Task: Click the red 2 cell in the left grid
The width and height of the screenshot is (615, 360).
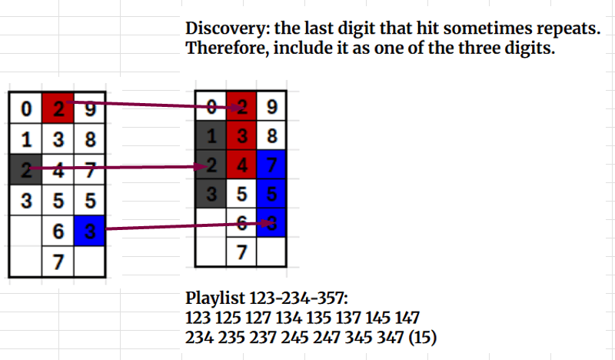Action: (x=58, y=108)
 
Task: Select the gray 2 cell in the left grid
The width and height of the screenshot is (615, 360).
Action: (x=25, y=169)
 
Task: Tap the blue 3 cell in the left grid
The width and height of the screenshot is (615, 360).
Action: (x=90, y=231)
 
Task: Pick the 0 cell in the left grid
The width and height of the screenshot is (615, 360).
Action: (x=25, y=108)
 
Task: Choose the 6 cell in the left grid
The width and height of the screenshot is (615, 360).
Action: (x=58, y=231)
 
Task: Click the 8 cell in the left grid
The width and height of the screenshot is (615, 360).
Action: (x=90, y=139)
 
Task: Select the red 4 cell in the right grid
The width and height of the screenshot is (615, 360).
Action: (x=241, y=165)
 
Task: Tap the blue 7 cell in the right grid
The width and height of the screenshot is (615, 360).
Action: (x=271, y=165)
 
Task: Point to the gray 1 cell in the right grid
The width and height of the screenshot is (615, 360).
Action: (x=211, y=135)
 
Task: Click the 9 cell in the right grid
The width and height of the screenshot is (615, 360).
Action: (x=271, y=106)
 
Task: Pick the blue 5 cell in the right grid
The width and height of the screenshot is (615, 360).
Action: (x=271, y=194)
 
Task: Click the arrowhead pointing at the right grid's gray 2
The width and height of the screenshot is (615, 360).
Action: (x=201, y=167)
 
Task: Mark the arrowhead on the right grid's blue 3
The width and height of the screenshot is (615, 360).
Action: (x=268, y=223)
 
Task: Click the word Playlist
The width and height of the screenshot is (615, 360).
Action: (x=215, y=298)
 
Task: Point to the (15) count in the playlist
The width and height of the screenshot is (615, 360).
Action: (x=422, y=338)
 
